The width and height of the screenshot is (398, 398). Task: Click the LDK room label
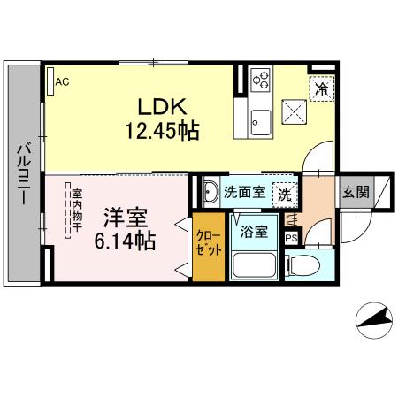tap(160, 105)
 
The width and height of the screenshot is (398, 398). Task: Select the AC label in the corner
tap(62, 82)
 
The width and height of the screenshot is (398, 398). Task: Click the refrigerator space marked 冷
tap(320, 88)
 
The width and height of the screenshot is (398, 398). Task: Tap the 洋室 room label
tap(120, 217)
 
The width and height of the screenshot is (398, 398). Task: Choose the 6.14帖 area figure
tap(120, 239)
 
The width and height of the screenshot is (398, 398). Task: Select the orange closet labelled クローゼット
tap(210, 246)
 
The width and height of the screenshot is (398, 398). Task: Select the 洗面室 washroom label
tap(244, 191)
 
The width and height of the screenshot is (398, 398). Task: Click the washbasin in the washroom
tap(211, 191)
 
